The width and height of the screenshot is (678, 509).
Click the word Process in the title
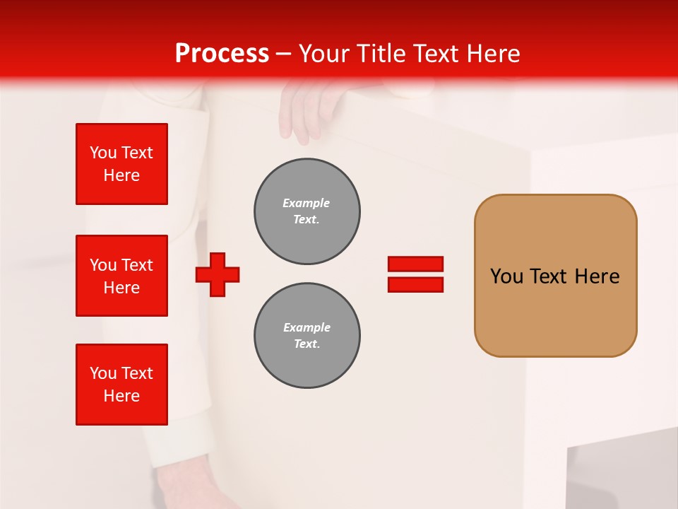click(x=222, y=54)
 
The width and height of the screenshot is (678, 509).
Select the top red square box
click(x=121, y=164)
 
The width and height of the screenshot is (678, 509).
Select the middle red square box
click(x=121, y=276)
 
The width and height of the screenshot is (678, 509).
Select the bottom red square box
click(x=121, y=385)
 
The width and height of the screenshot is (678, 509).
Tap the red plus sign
click(x=218, y=274)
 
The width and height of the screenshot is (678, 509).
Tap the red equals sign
click(x=415, y=274)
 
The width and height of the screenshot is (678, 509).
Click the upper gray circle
click(x=307, y=211)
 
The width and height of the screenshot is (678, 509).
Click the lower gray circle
click(x=307, y=336)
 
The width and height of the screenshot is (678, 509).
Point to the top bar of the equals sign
click(x=415, y=264)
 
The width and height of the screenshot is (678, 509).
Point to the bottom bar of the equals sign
click(x=415, y=285)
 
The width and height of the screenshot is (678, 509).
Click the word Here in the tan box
click(x=597, y=276)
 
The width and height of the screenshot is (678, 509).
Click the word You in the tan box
click(x=506, y=276)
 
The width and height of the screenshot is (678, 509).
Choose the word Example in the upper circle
click(x=306, y=203)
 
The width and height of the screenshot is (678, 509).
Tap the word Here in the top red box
click(x=121, y=175)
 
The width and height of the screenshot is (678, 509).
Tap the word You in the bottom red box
click(x=103, y=373)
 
